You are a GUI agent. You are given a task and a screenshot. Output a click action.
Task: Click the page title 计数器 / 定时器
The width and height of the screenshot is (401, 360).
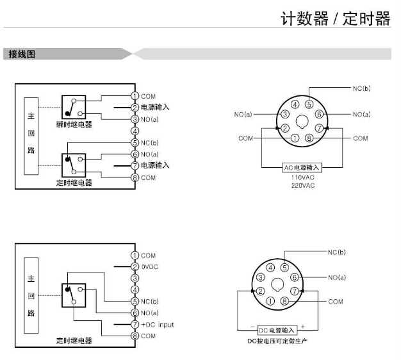click(335, 19)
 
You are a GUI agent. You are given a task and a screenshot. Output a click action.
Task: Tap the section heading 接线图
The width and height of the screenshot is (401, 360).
click(22, 54)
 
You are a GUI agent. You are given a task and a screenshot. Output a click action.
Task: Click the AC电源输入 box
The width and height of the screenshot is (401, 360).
click(302, 167)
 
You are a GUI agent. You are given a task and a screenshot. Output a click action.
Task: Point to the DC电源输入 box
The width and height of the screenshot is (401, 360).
click(277, 331)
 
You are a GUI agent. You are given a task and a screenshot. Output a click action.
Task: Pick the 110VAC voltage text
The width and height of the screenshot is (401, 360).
click(302, 177)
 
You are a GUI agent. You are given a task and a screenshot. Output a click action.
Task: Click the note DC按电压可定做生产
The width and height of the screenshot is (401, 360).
click(277, 341)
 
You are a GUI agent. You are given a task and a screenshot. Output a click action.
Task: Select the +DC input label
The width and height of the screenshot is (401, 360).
click(157, 324)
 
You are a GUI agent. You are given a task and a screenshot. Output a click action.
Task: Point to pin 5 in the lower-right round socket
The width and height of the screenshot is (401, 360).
click(284, 268)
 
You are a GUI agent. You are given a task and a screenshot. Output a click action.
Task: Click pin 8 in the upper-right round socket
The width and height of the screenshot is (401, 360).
click(309, 138)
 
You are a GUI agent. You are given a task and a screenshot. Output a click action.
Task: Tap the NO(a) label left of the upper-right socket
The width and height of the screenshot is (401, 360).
click(243, 114)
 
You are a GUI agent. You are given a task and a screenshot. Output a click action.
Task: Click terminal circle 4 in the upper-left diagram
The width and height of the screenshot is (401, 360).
click(135, 131)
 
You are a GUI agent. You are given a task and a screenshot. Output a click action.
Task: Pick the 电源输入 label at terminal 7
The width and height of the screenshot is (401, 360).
click(155, 165)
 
